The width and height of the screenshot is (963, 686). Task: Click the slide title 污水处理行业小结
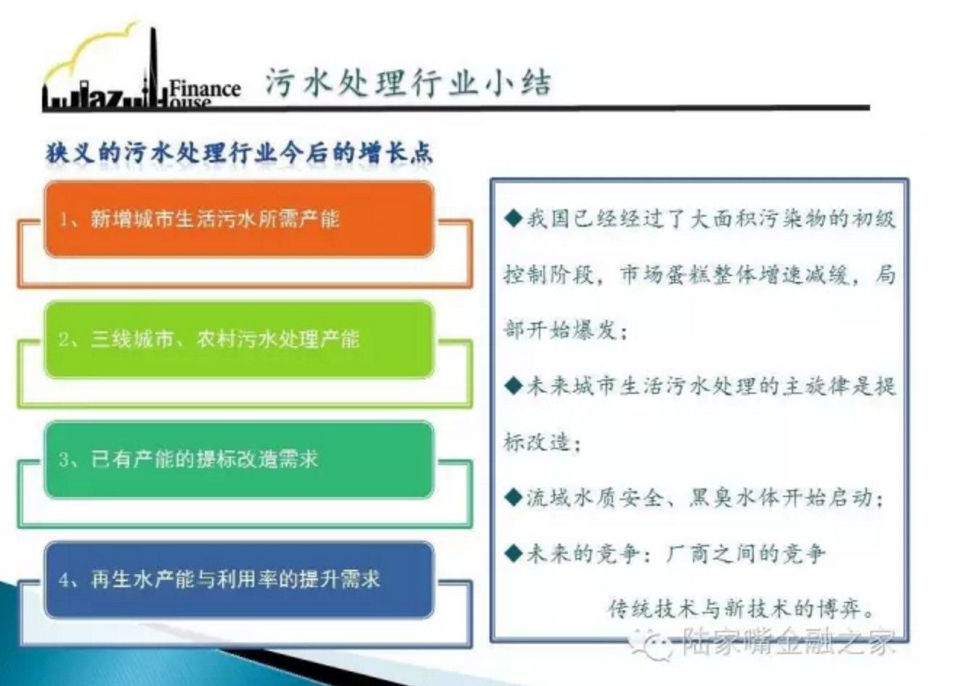(408, 81)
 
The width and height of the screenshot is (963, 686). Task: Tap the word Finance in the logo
(205, 89)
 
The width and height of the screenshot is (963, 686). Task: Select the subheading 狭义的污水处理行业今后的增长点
(239, 153)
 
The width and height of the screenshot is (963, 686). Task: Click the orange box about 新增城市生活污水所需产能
(239, 219)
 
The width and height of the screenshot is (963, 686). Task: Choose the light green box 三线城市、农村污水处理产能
(239, 340)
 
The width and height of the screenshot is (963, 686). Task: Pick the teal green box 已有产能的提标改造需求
(239, 460)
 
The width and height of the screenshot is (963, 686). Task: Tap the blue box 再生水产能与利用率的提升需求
(239, 580)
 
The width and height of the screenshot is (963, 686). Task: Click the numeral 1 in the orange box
(64, 219)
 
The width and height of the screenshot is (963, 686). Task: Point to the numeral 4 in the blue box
(64, 580)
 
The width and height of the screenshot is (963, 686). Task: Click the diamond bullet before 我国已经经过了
(513, 219)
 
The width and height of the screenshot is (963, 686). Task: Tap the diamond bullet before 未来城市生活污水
(513, 386)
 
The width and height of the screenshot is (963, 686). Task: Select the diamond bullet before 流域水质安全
(513, 498)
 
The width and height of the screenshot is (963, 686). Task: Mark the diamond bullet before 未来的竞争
(513, 554)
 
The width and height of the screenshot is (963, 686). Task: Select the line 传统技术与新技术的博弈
(740, 608)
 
